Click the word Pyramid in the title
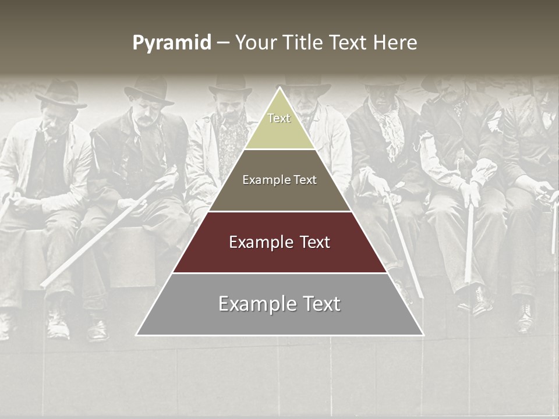tap(171, 43)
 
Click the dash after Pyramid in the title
tap(222, 44)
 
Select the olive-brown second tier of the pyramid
tap(279, 180)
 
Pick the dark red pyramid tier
tap(279, 243)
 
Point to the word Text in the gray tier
tap(320, 304)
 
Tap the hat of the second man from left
tap(149, 89)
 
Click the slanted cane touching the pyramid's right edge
tap(402, 244)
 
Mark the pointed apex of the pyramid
tap(279, 89)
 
